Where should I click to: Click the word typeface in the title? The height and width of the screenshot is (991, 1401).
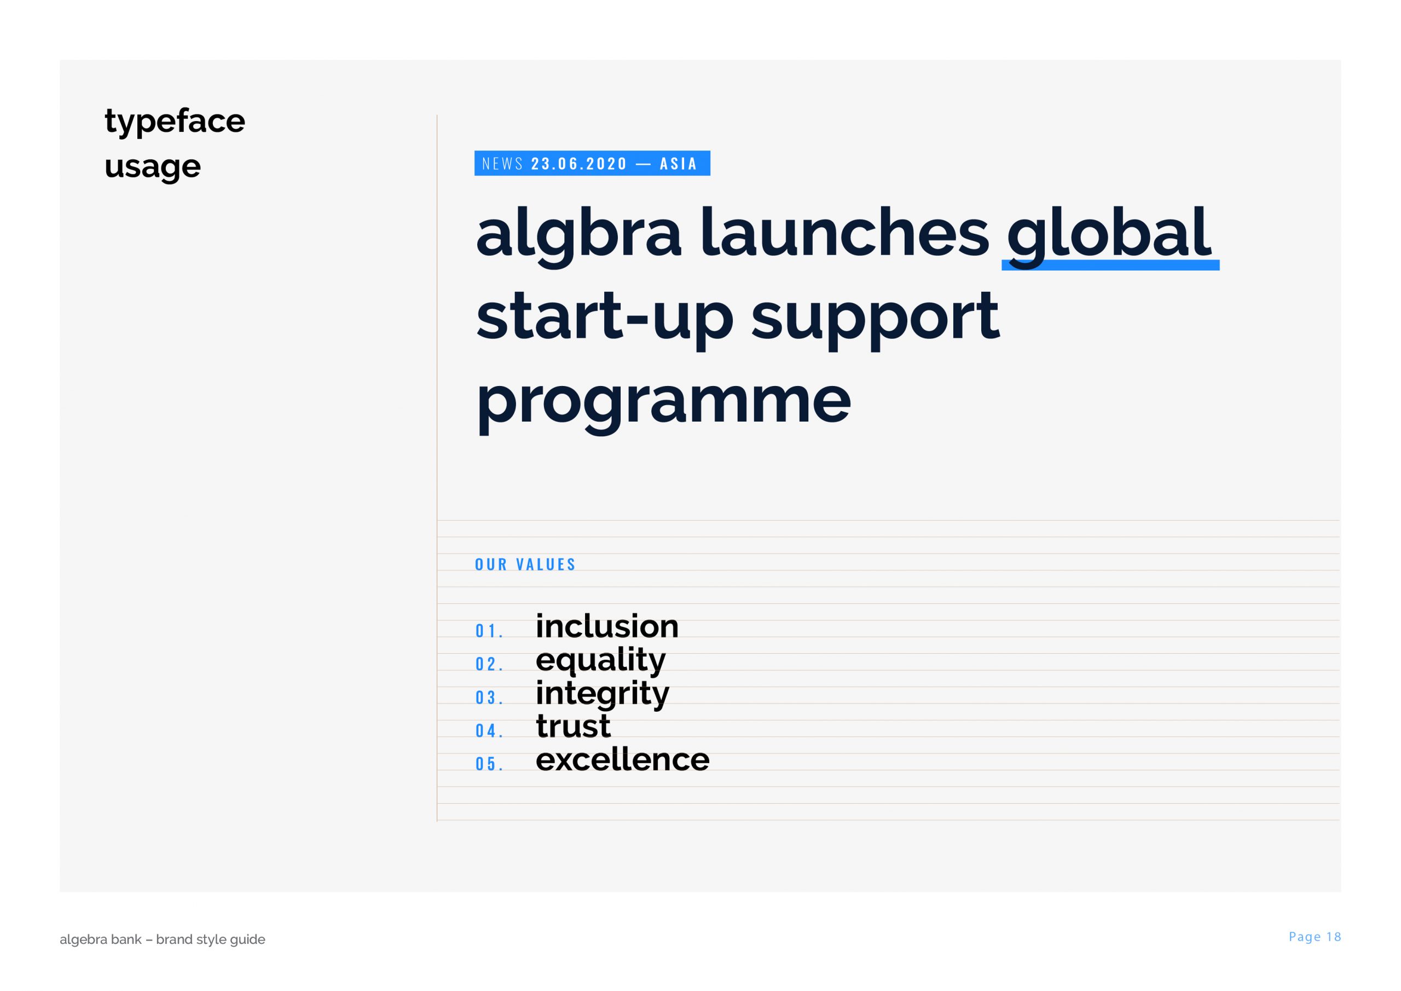click(x=175, y=122)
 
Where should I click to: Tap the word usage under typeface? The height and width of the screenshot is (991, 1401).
click(x=153, y=166)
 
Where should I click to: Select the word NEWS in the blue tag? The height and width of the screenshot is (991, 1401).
click(x=503, y=164)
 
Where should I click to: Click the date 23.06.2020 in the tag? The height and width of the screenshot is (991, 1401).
click(x=579, y=164)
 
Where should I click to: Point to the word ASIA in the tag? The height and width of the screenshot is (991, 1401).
click(x=679, y=164)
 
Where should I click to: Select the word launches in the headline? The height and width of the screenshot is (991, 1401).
click(x=844, y=232)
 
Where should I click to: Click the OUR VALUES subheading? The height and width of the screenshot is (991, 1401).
click(x=525, y=564)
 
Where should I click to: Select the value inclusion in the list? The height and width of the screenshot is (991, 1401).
click(x=607, y=626)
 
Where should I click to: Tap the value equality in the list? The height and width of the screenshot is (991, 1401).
click(x=600, y=661)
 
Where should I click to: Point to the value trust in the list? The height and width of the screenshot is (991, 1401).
click(x=573, y=727)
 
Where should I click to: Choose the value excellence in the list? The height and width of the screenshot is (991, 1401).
click(x=622, y=759)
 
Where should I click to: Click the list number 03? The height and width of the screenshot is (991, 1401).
click(x=489, y=698)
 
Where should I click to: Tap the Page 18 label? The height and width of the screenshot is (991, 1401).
click(x=1315, y=937)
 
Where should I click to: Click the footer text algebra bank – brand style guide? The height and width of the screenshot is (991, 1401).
click(x=163, y=939)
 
